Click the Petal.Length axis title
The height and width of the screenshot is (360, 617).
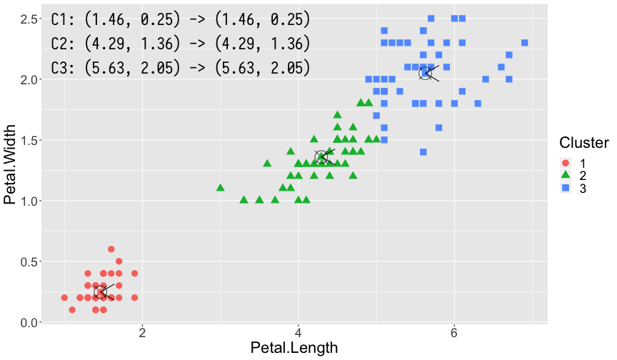[x=294, y=348]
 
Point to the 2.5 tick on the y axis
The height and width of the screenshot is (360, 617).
[x=29, y=18]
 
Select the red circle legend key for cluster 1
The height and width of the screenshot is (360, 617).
[x=567, y=163]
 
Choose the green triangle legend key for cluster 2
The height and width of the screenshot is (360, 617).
[x=567, y=176]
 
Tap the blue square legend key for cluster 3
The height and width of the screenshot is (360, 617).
[x=567, y=188]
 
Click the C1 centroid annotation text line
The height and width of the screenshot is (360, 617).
[x=181, y=19]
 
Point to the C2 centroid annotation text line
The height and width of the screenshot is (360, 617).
[x=181, y=44]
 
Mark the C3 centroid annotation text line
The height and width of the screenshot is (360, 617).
[x=181, y=68]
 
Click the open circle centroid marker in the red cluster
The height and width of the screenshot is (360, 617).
[x=101, y=291]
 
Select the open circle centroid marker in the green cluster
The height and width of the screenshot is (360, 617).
[x=321, y=156]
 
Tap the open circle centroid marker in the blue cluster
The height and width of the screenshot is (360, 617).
[x=426, y=73]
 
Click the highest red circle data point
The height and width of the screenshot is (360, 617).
[x=111, y=249]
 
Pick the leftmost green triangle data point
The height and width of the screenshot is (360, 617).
[x=221, y=188]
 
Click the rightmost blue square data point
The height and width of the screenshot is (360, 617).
[x=524, y=43]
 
